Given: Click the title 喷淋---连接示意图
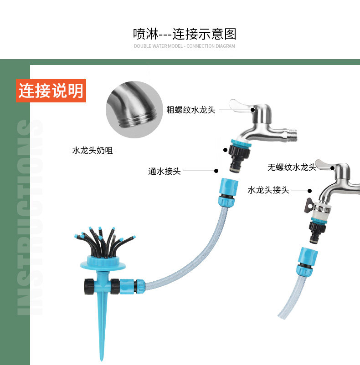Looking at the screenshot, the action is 185,34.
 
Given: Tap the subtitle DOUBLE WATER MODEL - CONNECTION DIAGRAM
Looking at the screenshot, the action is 185,46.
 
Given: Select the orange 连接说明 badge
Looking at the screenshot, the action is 51,91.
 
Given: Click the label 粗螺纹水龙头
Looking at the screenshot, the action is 190,110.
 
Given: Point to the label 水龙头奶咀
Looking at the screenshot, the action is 92,150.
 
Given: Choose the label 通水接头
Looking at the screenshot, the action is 164,172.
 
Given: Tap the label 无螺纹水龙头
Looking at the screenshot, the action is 292,167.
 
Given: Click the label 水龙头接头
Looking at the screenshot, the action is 268,190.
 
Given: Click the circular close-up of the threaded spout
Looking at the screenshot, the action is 134,109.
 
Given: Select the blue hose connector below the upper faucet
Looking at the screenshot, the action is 226,193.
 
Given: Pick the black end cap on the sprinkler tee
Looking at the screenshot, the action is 87,287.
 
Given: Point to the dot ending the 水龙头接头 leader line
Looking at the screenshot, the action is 309,191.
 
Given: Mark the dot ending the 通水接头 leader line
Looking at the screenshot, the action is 216,172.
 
